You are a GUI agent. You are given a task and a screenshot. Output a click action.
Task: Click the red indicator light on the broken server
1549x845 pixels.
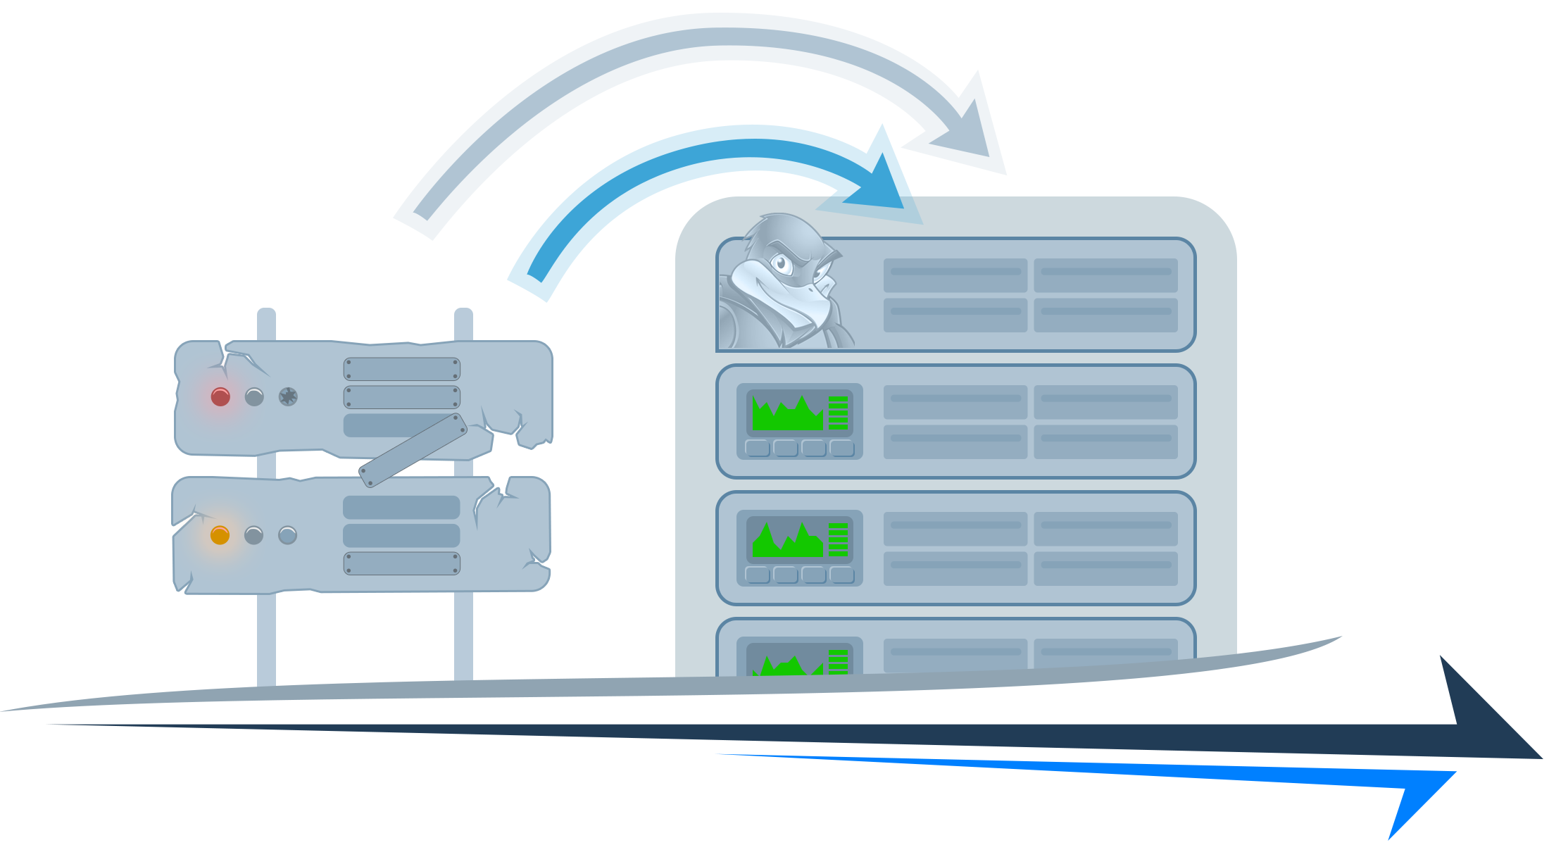tap(220, 397)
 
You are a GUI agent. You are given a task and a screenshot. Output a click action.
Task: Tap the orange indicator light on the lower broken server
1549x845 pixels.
tap(220, 535)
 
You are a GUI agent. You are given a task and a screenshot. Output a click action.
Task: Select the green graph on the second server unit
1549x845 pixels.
tap(787, 415)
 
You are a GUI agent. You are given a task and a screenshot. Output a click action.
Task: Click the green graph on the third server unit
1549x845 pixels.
tap(787, 542)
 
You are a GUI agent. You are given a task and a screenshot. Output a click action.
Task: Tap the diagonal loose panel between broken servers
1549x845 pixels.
tap(413, 451)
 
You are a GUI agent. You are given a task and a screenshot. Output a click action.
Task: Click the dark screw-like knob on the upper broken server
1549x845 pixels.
tap(288, 397)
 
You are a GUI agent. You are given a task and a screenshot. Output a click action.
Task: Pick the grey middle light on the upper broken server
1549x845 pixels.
tap(254, 397)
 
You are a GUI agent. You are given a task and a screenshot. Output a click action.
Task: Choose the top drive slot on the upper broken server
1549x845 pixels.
tap(401, 369)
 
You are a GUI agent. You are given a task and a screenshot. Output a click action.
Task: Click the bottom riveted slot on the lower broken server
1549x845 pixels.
tap(401, 563)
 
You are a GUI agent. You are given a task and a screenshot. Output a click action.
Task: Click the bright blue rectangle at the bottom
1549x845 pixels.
tap(1084, 797)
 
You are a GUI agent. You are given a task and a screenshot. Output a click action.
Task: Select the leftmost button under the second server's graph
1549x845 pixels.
tap(758, 449)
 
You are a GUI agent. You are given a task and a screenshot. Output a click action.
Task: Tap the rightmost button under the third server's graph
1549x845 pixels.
tap(842, 575)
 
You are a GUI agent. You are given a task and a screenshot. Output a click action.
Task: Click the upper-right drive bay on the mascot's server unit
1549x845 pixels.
tap(1105, 275)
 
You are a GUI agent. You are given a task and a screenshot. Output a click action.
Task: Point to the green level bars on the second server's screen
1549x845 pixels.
tap(838, 413)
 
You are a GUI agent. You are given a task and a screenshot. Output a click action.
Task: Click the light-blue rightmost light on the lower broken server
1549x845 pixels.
tap(287, 535)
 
